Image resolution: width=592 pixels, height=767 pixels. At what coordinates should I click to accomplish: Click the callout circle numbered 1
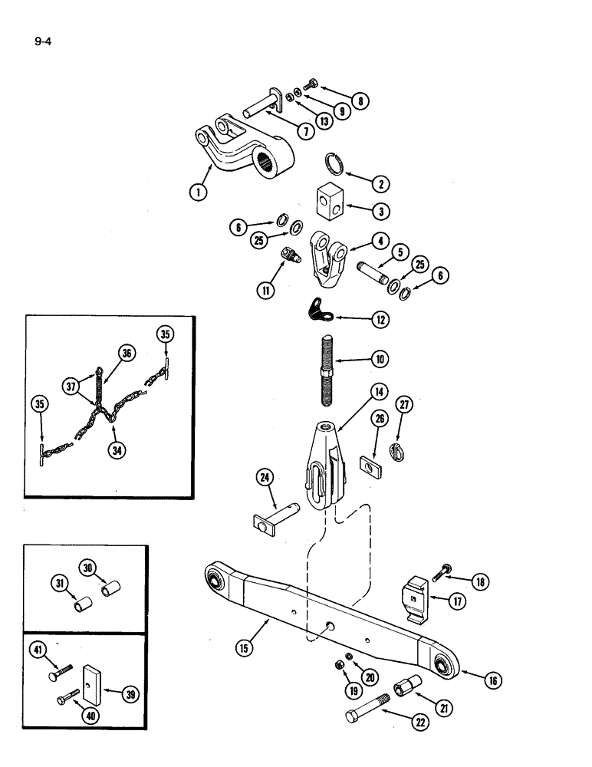pos(199,193)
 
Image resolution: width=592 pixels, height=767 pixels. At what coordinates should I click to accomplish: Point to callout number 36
pos(127,354)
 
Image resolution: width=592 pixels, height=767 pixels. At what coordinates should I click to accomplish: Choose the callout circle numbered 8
pos(357,100)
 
